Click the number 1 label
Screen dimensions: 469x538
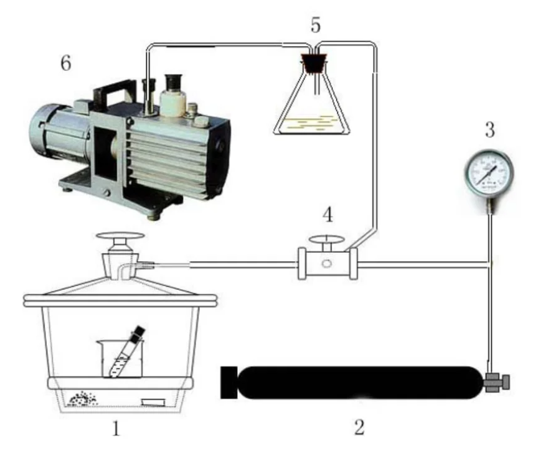(115, 427)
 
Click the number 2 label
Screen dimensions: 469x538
(359, 427)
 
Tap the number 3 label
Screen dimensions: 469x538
(489, 131)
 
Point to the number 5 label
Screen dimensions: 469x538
(316, 26)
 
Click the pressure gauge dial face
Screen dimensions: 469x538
(489, 172)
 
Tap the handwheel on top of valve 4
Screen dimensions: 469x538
(326, 239)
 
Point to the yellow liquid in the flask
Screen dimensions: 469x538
(312, 124)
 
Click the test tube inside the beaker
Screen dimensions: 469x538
(126, 351)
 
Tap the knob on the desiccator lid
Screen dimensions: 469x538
(122, 238)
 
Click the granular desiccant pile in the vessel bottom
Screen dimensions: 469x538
(83, 399)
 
